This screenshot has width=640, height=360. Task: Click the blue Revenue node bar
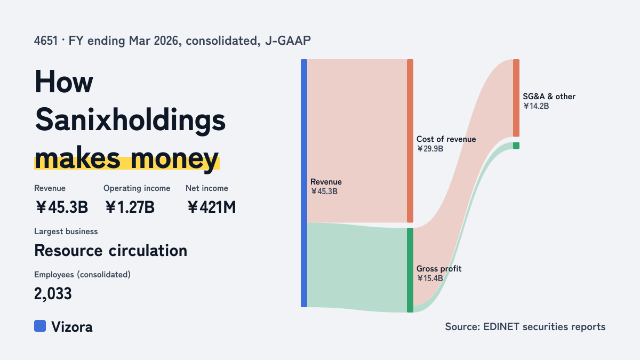(x=304, y=183)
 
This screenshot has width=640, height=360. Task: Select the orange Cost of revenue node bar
(x=410, y=141)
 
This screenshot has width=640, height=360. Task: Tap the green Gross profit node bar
(x=410, y=270)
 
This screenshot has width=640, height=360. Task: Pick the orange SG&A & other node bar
(x=516, y=98)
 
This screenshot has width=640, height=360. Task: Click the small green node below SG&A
(x=516, y=146)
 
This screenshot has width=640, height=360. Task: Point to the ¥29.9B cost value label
(x=430, y=149)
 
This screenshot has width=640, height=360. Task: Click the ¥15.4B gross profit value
(x=430, y=278)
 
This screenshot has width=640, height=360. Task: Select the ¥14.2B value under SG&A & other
(x=536, y=106)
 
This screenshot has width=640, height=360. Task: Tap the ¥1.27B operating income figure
(x=130, y=207)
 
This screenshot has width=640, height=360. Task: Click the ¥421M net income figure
(x=212, y=207)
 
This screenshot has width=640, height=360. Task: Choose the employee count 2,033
(x=53, y=293)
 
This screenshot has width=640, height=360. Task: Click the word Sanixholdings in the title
(x=130, y=121)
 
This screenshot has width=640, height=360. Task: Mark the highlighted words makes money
(x=127, y=159)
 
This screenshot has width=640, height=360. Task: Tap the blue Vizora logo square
(x=40, y=326)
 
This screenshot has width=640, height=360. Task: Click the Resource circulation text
(x=110, y=251)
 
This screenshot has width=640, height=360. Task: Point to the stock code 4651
(x=46, y=41)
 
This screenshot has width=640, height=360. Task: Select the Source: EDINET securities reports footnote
(x=525, y=326)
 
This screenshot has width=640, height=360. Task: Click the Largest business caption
(x=66, y=231)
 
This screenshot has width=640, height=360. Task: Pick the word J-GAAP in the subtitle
(x=288, y=41)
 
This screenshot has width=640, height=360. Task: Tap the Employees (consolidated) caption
(x=82, y=275)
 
